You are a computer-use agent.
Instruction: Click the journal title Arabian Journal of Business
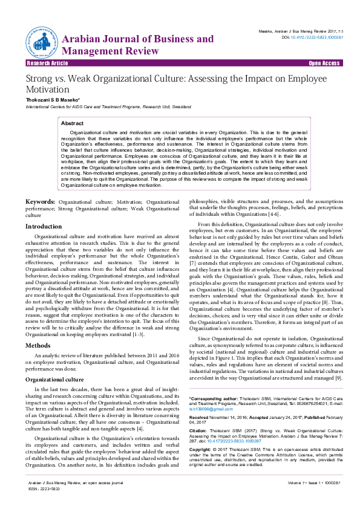click(x=138, y=39)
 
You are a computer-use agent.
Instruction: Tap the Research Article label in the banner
click(x=47, y=63)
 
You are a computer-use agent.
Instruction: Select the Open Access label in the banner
click(x=324, y=63)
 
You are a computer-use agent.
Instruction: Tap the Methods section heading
click(x=38, y=345)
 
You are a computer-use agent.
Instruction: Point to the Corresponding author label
click(x=217, y=400)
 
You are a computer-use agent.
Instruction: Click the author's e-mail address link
click(x=206, y=409)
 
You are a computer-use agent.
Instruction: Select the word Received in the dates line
click(x=200, y=417)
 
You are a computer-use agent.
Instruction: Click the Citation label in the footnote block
click(x=200, y=430)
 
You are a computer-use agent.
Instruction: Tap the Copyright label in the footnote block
click(x=202, y=450)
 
